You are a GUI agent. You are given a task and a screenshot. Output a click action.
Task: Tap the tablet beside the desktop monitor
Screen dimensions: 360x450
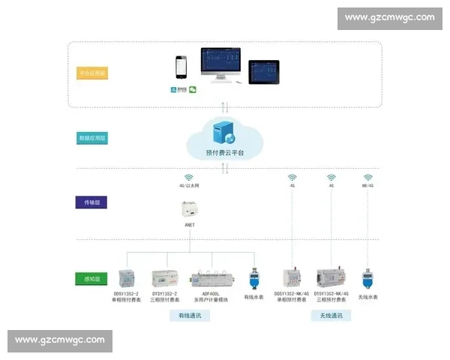tap(263, 71)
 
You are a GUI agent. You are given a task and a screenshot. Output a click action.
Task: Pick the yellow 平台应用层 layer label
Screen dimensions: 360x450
tap(93, 73)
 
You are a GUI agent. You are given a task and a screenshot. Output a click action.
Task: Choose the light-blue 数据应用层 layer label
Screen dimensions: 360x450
tap(93, 138)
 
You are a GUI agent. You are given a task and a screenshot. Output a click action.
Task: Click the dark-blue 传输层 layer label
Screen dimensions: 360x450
tap(93, 202)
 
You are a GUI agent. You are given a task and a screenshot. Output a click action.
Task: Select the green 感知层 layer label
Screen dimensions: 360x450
tap(93, 279)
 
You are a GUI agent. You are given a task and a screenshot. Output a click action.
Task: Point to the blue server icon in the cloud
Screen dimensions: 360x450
tap(223, 133)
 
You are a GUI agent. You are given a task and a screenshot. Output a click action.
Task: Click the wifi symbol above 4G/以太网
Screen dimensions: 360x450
tap(189, 178)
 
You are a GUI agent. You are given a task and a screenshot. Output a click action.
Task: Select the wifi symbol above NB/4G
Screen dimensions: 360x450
tap(367, 178)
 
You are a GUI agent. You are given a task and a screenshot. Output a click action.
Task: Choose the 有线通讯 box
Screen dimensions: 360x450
tap(190, 316)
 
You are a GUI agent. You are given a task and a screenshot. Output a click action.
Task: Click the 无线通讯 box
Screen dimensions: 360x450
tap(331, 316)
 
